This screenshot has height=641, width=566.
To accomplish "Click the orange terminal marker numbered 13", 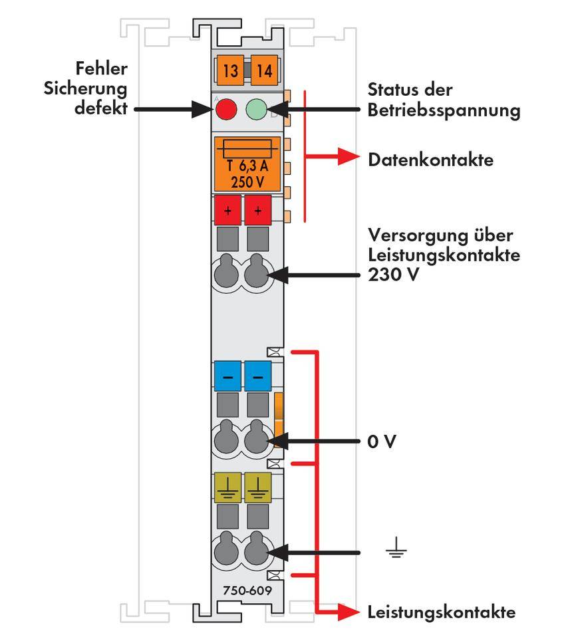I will point(229,70).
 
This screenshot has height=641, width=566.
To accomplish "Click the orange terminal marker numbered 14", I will point(264,70).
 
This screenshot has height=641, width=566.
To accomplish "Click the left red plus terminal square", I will point(227,211).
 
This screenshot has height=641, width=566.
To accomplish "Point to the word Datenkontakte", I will point(430,160).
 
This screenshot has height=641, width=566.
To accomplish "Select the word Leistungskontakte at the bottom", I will point(441,612).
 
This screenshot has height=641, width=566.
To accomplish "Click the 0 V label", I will point(381,442).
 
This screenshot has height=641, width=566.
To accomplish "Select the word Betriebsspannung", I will point(444,110).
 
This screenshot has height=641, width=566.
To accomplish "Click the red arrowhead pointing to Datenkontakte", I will point(347,157).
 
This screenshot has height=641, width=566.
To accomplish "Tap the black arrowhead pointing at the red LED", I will point(202,109).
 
